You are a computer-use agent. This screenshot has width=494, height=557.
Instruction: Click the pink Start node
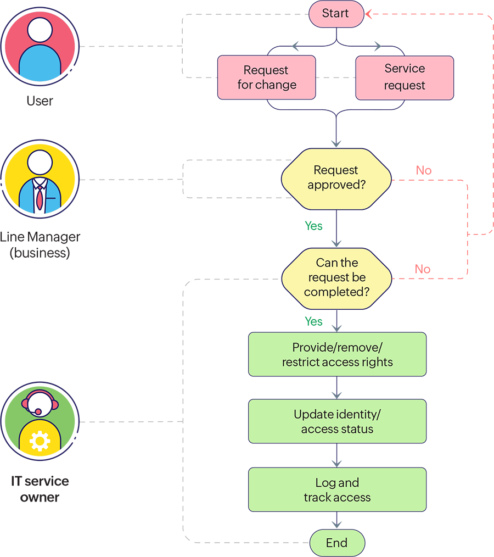coord(336,14)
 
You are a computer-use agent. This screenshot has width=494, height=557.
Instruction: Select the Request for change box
coord(266,77)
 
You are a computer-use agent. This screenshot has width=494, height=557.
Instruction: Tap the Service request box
coord(405,77)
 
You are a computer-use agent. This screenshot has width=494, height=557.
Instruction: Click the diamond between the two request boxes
coord(336,77)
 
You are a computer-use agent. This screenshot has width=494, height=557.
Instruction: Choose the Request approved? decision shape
coord(336,178)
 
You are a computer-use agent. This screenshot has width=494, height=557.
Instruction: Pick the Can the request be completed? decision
coord(336,277)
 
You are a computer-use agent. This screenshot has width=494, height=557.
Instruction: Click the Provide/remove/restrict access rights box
coord(337,354)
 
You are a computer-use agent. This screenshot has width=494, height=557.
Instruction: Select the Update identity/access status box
coord(337,421)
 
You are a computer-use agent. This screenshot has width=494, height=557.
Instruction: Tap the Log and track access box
coord(337,489)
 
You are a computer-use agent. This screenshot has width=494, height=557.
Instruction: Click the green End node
coord(336,543)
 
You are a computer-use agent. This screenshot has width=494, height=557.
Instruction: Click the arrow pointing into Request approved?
coord(336,141)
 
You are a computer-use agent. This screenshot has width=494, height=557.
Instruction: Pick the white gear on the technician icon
coord(40,441)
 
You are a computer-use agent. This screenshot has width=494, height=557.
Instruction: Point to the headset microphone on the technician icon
coord(38,411)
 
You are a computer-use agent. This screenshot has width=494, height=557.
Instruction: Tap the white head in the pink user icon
coord(40,31)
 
